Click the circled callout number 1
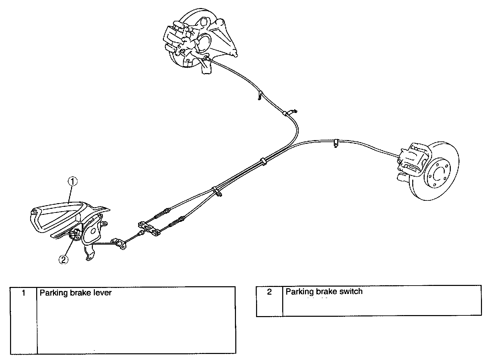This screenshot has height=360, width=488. click(73, 181)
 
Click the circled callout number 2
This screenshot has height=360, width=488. click(63, 259)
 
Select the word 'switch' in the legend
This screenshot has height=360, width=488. click(351, 291)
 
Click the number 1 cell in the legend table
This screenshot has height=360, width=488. click(23, 293)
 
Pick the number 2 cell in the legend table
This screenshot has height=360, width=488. click(269, 292)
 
